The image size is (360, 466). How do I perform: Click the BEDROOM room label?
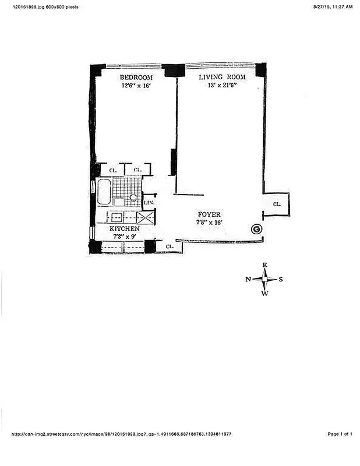136,77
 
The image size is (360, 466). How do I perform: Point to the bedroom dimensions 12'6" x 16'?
136,86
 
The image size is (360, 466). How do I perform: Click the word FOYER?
209,214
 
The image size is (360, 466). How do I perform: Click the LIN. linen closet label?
149,202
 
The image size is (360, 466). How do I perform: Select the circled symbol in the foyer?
255,229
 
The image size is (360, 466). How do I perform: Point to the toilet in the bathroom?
134,198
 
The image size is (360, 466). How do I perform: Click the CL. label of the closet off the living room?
277,204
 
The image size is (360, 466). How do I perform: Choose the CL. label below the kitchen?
170,247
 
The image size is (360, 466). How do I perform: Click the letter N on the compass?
248,280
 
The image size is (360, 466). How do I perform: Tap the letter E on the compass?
264,265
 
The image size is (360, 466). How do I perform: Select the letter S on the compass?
281,280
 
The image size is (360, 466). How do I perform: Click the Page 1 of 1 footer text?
340,434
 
